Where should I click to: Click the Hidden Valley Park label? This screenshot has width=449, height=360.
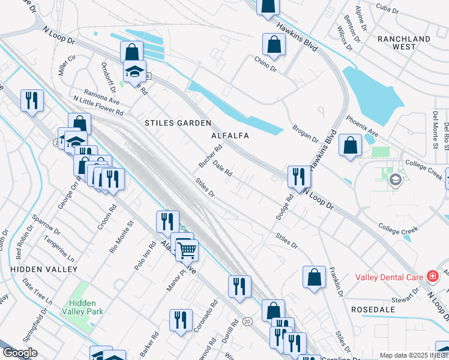[85, 307]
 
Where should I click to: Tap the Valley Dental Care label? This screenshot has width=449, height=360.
[390, 277]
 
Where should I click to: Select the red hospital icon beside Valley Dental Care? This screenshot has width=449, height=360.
[432, 277]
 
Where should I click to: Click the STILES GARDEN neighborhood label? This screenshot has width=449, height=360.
[178, 123]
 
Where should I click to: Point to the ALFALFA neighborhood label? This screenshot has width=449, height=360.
[230, 136]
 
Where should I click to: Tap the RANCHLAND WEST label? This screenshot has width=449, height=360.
[404, 43]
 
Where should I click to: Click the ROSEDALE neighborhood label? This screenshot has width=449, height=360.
[375, 310]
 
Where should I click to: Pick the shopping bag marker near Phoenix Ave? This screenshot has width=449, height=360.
[350, 146]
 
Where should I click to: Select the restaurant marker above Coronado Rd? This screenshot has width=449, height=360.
[181, 320]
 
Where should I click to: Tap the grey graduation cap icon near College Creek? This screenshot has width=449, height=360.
[395, 180]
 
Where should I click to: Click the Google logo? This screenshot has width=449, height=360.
[20, 353]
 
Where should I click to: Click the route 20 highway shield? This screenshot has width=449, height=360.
[247, 322]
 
